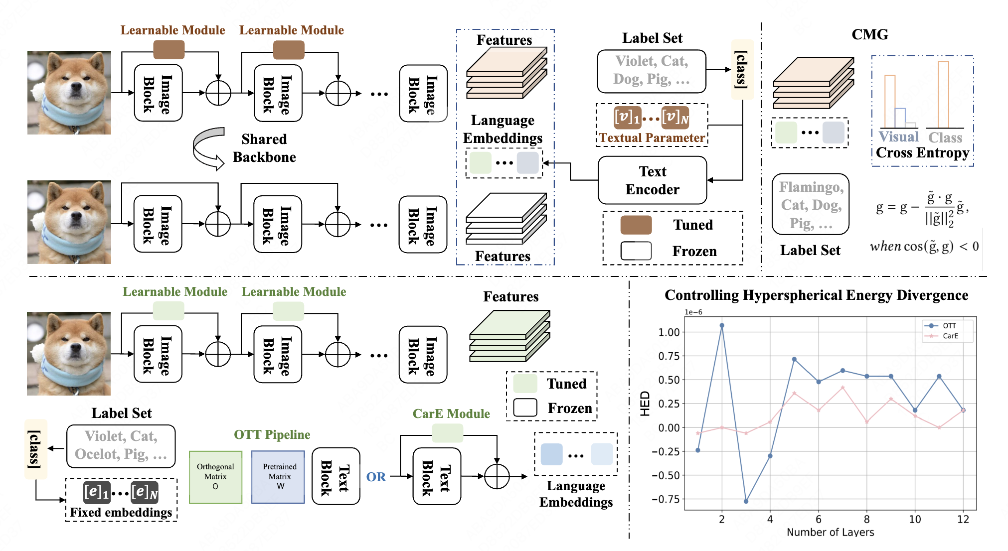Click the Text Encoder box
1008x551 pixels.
[x=652, y=180]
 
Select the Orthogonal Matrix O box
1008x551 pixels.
[x=215, y=477]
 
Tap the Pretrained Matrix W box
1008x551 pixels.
[x=278, y=477]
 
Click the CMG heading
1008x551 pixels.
[x=869, y=34]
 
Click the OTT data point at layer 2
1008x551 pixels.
[x=722, y=326]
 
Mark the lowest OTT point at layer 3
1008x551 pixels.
[x=746, y=501]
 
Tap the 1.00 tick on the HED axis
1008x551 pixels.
[x=669, y=332]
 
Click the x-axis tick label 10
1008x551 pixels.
[x=915, y=519]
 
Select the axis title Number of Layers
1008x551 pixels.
[x=830, y=532]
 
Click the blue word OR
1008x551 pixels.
[x=376, y=477]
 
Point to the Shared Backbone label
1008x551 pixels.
[x=264, y=148]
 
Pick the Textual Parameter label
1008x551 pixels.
[x=652, y=138]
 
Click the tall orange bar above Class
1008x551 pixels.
[x=943, y=94]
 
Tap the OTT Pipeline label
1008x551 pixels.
[x=272, y=435]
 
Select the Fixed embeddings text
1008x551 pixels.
[x=121, y=512]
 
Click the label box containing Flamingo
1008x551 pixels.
[x=811, y=204]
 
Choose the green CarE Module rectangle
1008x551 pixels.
[x=447, y=433]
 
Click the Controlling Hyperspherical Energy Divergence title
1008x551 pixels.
[x=816, y=295]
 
